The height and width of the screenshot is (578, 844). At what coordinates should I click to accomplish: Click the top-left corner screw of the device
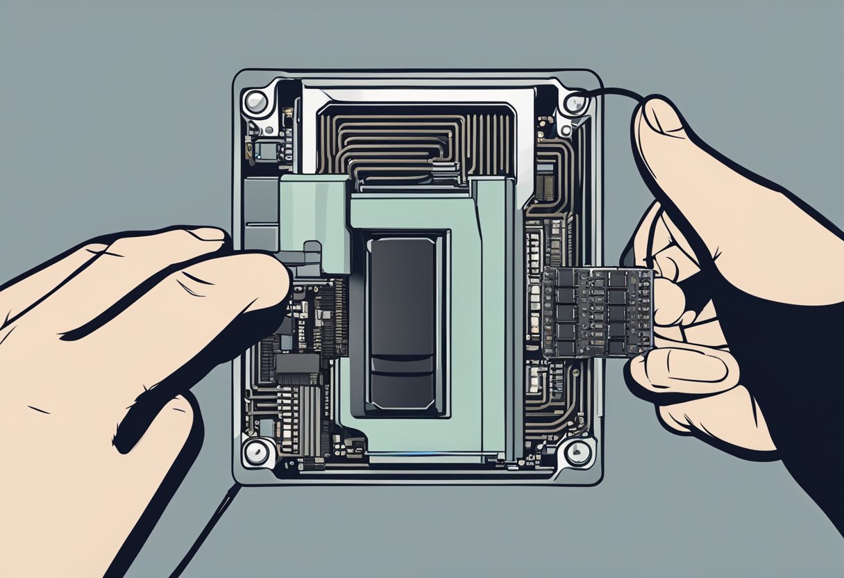click(256, 103)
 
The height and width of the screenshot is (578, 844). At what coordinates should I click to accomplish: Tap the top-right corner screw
click(575, 104)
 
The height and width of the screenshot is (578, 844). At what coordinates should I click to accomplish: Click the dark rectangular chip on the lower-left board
click(297, 365)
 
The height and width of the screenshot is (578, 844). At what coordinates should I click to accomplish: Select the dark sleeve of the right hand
click(798, 389)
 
